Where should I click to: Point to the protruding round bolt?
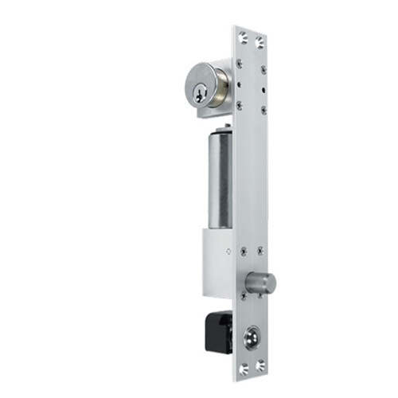tap(262, 282)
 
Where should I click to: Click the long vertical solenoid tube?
tap(220, 179)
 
